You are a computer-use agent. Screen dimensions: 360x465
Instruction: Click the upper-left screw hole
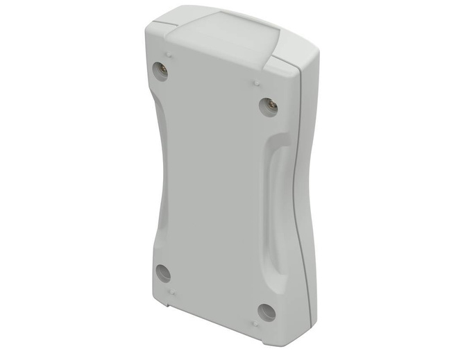(160, 71)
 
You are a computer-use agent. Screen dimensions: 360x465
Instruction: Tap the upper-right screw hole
(268, 105)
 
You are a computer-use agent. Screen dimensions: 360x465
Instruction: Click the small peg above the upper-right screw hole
(256, 83)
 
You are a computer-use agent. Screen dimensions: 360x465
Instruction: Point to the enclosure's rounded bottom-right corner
(295, 340)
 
